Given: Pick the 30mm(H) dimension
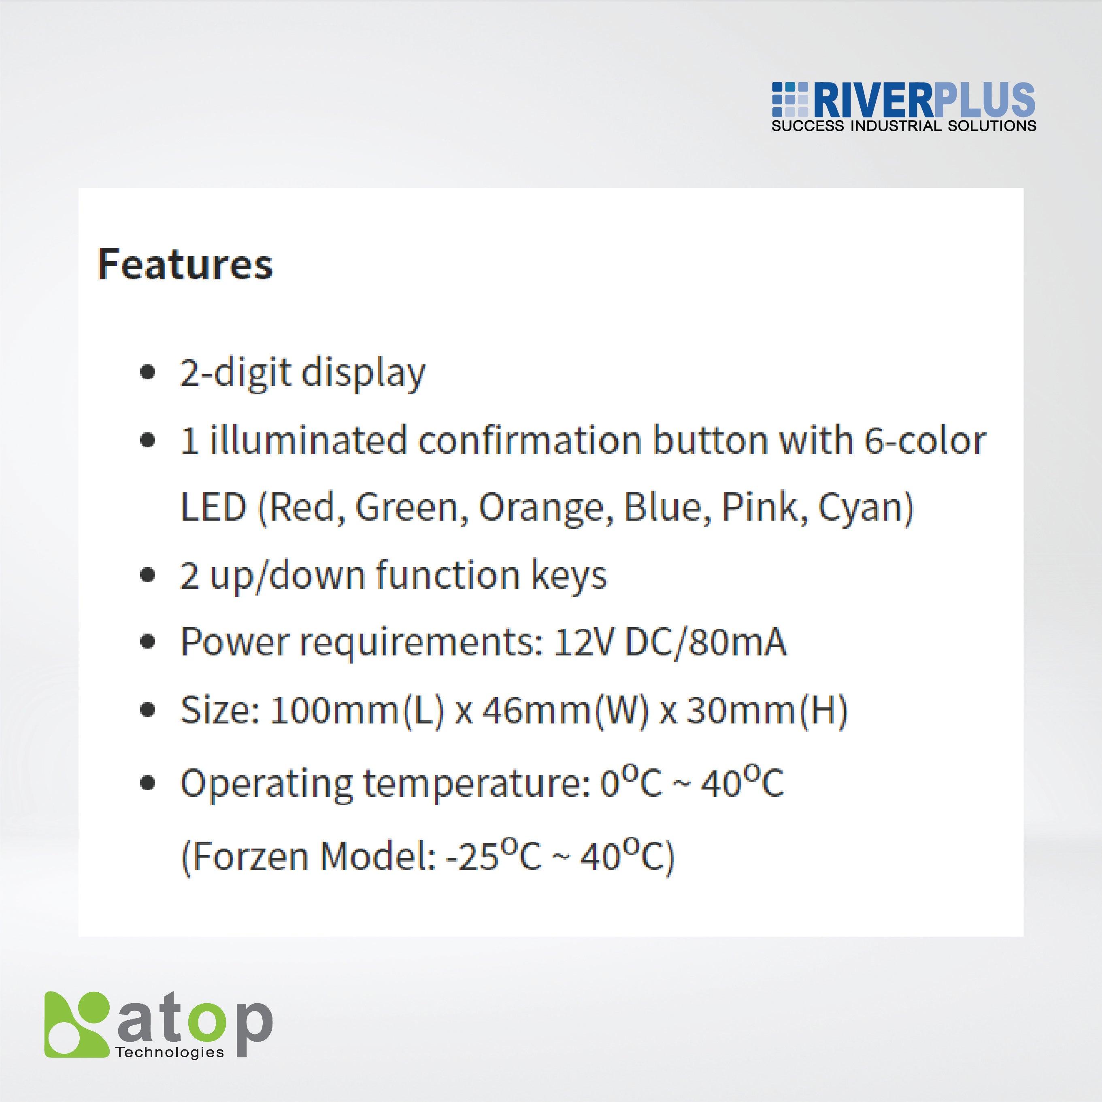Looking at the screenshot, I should coord(767,710).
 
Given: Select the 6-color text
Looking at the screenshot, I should coord(924,440).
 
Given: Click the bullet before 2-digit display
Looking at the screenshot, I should coord(148,372).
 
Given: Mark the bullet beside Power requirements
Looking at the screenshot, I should coord(148,642).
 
